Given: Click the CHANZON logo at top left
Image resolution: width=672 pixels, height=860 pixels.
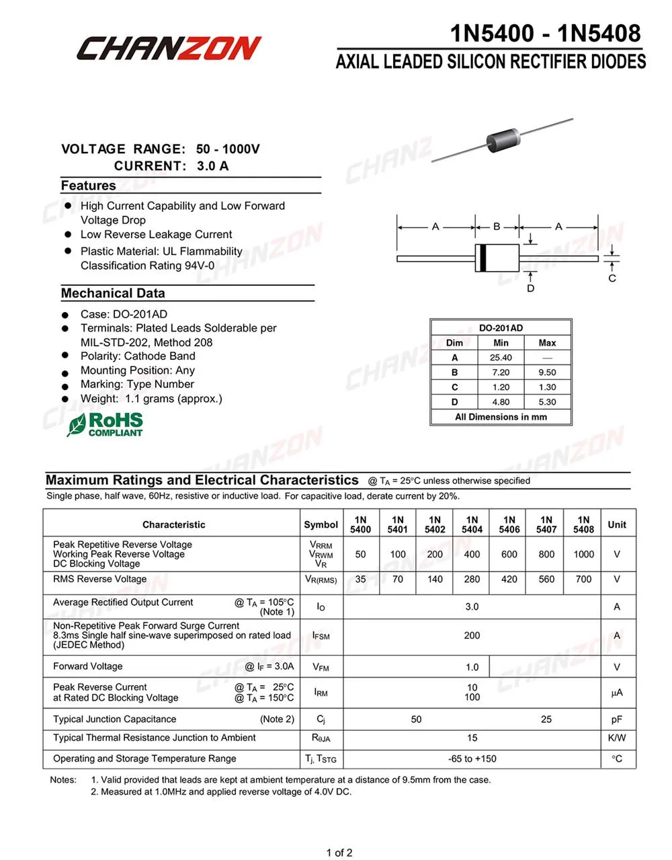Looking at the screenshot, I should (x=168, y=48).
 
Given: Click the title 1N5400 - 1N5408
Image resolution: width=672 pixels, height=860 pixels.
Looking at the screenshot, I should (x=545, y=33).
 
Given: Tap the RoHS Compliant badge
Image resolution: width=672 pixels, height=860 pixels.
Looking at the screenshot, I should (x=106, y=424).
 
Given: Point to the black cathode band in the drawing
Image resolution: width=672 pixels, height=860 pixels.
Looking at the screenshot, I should (x=481, y=258).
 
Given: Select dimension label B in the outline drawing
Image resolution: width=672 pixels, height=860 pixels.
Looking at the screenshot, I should (x=497, y=227).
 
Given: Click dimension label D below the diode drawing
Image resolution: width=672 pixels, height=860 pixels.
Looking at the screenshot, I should (x=531, y=288).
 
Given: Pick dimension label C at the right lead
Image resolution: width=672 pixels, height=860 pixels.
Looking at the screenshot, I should (x=612, y=278).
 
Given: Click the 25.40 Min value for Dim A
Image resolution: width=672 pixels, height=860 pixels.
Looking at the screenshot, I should (x=501, y=358).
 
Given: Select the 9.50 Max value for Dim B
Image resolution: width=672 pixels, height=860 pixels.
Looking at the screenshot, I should (x=547, y=373).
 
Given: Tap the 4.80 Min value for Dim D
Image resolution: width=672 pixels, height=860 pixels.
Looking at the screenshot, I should (x=501, y=402).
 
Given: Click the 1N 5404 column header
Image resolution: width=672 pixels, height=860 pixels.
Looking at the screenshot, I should (x=472, y=524).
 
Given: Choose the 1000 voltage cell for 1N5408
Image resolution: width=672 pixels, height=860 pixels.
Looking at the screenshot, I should (x=583, y=554).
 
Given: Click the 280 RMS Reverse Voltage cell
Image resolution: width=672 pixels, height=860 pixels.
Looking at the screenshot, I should (x=472, y=579).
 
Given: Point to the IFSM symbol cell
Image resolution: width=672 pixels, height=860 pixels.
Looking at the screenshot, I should (x=321, y=635).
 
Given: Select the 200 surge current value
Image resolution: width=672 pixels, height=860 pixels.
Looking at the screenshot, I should (x=472, y=635).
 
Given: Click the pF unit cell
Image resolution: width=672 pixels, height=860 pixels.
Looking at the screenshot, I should (x=616, y=719).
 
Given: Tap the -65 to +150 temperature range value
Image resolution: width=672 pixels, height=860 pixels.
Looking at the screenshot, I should (x=472, y=758).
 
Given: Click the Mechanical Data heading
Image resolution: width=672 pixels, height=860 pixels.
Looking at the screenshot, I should (x=113, y=293).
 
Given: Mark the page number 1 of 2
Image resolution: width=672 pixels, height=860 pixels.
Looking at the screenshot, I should (x=339, y=853).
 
